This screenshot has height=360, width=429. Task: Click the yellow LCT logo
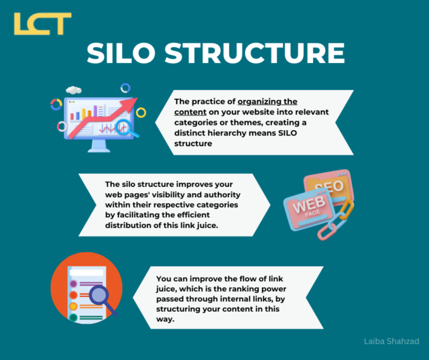42,23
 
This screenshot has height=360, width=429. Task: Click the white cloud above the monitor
74,89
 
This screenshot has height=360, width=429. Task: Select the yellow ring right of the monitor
141,113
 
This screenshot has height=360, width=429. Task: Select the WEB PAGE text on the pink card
306,208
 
